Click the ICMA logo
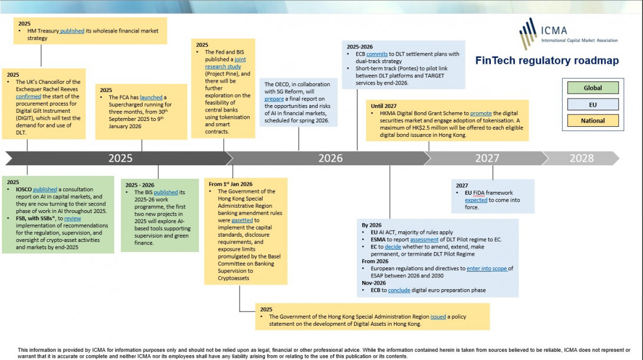click(567, 34)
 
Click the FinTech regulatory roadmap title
click(547, 60)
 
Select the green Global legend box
click(593, 88)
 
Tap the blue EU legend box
click(593, 104)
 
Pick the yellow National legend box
click(593, 120)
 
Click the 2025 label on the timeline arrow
click(120, 158)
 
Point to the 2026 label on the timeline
click(330, 158)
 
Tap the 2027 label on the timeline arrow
click(487, 158)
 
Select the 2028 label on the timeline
click(582, 158)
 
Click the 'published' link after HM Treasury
click(72, 31)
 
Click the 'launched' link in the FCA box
click(151, 97)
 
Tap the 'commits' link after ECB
click(377, 54)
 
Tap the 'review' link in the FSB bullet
click(73, 218)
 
